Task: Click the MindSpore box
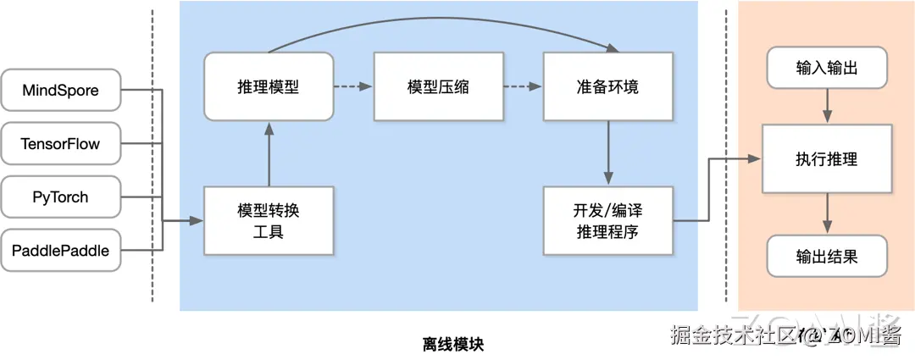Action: tap(60, 90)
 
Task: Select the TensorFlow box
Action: tap(60, 144)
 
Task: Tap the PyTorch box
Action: tap(60, 197)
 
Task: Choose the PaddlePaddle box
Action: tap(60, 251)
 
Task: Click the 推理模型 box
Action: tap(268, 86)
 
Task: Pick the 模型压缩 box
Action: tap(438, 86)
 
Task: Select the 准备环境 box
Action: tap(607, 86)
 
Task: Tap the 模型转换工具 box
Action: tap(268, 220)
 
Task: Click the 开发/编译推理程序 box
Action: tap(607, 220)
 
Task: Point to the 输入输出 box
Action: tap(827, 68)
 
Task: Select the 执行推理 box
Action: tap(827, 158)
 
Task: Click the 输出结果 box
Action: tap(827, 256)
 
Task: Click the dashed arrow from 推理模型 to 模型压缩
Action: tap(352, 86)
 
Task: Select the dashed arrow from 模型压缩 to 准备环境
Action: tap(522, 86)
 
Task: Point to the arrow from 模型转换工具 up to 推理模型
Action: tap(268, 153)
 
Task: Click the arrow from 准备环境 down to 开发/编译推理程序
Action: tap(607, 153)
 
